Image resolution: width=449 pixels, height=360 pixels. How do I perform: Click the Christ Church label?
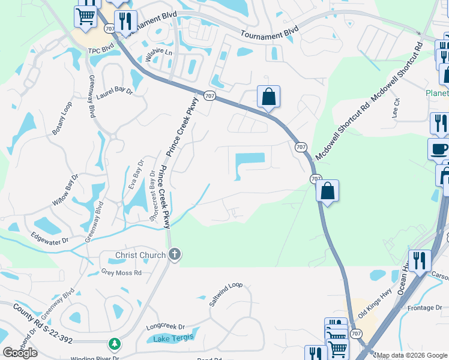(x=140, y=255)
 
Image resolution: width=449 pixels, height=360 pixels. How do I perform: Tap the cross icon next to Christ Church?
(x=174, y=255)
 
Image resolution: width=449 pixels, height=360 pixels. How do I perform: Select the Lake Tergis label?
(x=173, y=337)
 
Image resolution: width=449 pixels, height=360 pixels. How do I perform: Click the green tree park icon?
(x=114, y=344)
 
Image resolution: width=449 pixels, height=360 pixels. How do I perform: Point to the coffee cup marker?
(x=439, y=149)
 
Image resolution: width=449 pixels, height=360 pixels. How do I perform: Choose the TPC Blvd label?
(x=101, y=51)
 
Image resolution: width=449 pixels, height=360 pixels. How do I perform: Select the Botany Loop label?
(x=62, y=118)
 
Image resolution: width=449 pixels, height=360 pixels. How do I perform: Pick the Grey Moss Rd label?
(x=121, y=272)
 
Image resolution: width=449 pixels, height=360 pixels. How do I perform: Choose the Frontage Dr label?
(x=424, y=308)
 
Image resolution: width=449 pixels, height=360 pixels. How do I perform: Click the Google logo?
(x=20, y=353)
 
